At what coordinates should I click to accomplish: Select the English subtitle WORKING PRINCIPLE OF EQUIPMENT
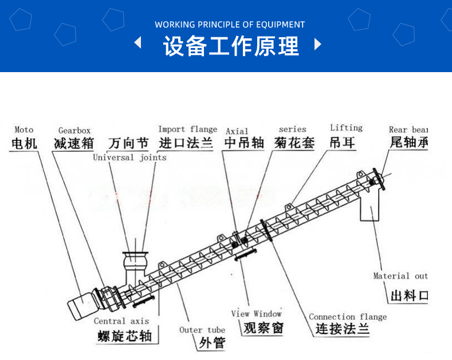[x=230, y=25]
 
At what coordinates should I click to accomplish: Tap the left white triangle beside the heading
[x=137, y=43]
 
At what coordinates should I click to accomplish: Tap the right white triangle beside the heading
[x=318, y=44]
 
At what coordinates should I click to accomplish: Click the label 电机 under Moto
[x=24, y=143]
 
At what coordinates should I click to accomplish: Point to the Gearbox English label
[x=74, y=130]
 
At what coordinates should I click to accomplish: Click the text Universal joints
[x=129, y=157]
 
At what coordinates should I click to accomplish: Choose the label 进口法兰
[x=186, y=143]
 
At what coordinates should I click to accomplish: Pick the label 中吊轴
[x=244, y=143]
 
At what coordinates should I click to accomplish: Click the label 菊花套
[x=294, y=143]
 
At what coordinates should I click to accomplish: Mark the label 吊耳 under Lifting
[x=343, y=143]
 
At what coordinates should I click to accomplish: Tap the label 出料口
[x=409, y=295]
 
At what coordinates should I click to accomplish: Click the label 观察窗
[x=263, y=328]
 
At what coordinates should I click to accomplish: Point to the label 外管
[x=211, y=343]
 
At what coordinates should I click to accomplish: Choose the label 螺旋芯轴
[x=124, y=335]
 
